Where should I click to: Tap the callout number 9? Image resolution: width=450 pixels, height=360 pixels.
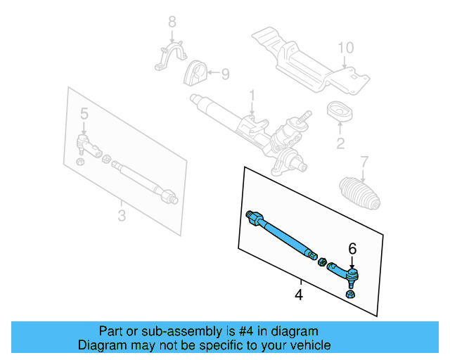click(x=225, y=73)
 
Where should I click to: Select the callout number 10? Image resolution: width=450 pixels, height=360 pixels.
click(x=345, y=49)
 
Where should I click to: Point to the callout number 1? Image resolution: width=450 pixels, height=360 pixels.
click(x=252, y=95)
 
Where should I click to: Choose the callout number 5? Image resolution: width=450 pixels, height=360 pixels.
click(x=84, y=112)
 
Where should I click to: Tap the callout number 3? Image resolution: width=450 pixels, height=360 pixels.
click(x=122, y=214)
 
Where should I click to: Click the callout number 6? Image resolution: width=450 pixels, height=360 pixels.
click(x=352, y=247)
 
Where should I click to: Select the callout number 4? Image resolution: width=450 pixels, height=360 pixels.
click(x=299, y=295)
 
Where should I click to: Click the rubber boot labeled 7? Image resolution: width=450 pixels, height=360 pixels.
click(x=360, y=193)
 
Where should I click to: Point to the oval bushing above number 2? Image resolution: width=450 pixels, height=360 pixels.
click(x=341, y=112)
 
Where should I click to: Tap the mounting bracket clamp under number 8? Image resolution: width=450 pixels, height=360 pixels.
click(x=172, y=58)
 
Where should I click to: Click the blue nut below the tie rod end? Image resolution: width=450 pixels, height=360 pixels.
click(x=352, y=293)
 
